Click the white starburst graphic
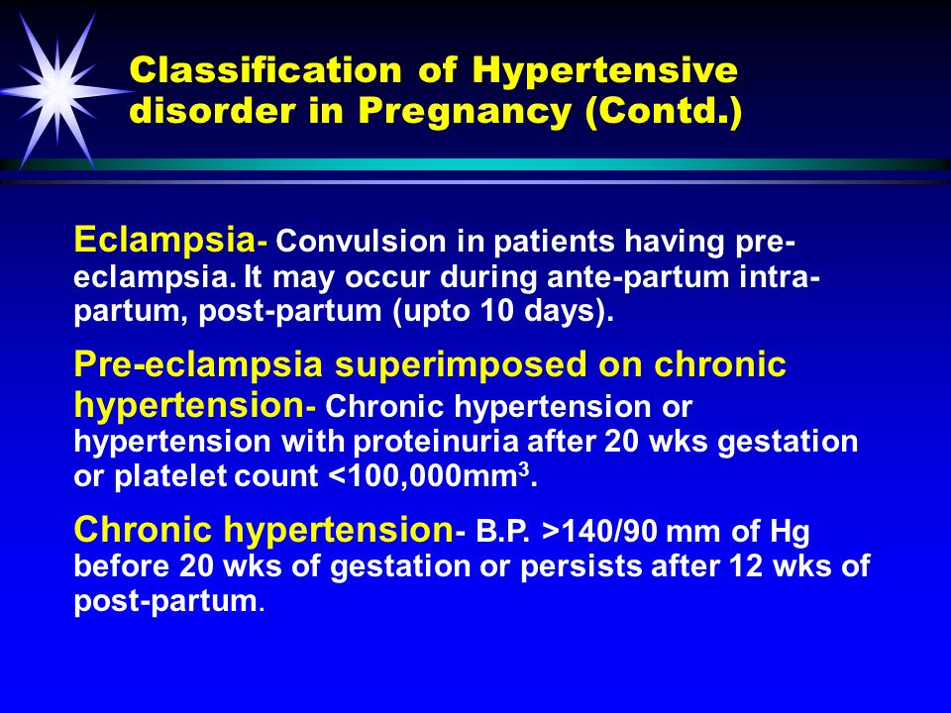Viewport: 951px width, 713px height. [58, 91]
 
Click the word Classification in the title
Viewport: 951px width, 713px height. [265, 69]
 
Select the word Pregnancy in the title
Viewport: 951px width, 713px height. [465, 111]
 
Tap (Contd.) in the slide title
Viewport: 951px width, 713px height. [664, 112]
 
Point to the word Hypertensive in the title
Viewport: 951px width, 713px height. [604, 71]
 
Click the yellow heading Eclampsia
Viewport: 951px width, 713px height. [164, 240]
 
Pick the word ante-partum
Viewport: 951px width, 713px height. [638, 277]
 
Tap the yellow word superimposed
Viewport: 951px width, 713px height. [461, 365]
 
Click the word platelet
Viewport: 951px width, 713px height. [170, 476]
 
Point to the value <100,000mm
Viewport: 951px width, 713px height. [423, 476]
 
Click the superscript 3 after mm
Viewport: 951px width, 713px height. [524, 469]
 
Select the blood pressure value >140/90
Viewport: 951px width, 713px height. [600, 532]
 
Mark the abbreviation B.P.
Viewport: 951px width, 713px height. [503, 532]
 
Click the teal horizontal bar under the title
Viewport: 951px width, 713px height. [475, 164]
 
